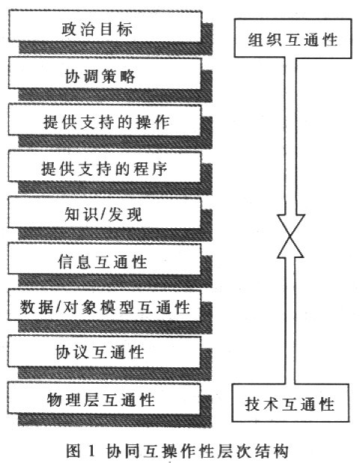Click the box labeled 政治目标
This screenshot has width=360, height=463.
[105, 26]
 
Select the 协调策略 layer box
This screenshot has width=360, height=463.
[105, 73]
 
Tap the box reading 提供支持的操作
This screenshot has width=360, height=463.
[105, 120]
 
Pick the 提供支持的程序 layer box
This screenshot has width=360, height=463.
[105, 167]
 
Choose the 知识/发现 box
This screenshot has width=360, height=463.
[105, 212]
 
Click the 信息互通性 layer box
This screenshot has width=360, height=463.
[105, 259]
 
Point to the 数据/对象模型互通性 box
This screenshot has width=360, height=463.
[105, 305]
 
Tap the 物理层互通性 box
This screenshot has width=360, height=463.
[104, 399]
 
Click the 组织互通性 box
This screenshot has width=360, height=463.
[293, 38]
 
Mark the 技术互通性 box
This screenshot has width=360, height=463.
[290, 402]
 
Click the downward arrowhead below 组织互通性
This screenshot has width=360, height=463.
[291, 225]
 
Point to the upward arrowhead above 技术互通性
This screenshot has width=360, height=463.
[290, 247]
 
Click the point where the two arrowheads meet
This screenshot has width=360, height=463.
[290, 236]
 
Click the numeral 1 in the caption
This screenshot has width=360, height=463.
[91, 451]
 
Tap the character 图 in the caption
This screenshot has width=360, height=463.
[73, 451]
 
